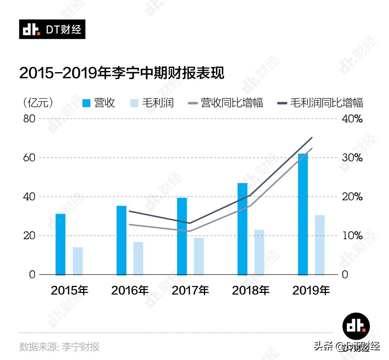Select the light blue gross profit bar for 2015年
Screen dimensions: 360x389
click(x=78, y=261)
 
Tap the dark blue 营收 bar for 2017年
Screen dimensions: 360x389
click(x=182, y=236)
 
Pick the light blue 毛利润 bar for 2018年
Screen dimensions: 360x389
click(x=259, y=252)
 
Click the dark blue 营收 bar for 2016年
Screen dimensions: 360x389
click(x=122, y=240)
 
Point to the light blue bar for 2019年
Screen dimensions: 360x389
click(x=320, y=244)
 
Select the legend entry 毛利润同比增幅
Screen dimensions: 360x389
click(x=326, y=103)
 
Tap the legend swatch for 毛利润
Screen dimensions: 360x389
click(x=135, y=103)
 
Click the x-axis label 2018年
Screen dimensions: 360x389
click(x=250, y=290)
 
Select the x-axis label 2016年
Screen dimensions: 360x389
click(x=130, y=290)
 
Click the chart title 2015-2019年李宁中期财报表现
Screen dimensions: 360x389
click(x=122, y=74)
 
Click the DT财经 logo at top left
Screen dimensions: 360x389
click(x=52, y=29)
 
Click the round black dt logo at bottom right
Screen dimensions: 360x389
click(x=357, y=326)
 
